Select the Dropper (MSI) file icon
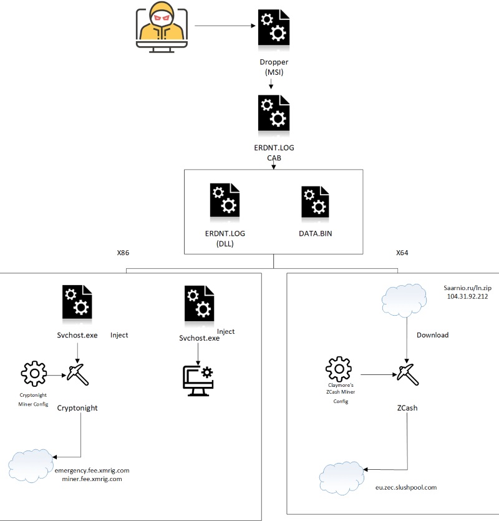coord(273,27)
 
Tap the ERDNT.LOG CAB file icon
coord(273,113)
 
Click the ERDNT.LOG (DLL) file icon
coord(225,201)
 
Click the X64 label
coord(403,254)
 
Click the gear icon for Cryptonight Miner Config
coord(34,374)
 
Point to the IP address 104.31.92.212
coord(468,296)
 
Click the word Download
coord(432,335)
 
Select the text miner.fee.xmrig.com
coord(87,479)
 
